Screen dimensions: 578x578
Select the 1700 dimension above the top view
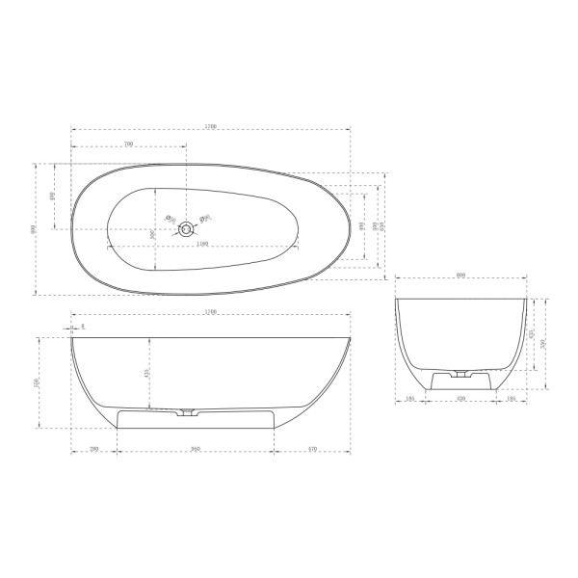[211, 126]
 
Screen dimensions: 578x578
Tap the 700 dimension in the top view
[128, 144]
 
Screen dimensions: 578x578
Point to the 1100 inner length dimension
[201, 244]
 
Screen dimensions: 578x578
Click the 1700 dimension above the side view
[211, 312]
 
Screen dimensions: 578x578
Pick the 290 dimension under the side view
[94, 449]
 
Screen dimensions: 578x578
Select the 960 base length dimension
[195, 449]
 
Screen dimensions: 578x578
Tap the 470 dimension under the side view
[312, 449]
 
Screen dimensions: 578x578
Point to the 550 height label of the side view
[36, 383]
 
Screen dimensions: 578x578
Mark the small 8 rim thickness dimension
[83, 327]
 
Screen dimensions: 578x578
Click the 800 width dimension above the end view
[461, 276]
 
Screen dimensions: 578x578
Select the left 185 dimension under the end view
[410, 397]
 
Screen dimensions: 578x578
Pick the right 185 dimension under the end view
[512, 397]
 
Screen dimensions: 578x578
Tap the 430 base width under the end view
[461, 397]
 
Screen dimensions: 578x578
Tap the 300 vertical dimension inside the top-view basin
[153, 234]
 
